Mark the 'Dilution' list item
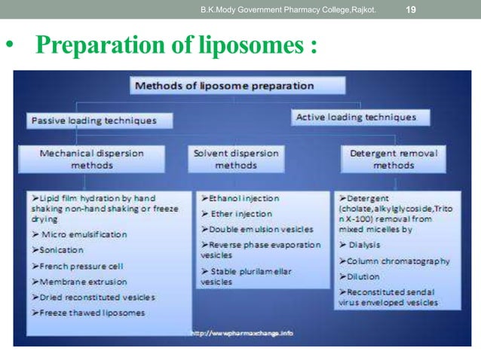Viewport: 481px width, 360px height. click(364, 276)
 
